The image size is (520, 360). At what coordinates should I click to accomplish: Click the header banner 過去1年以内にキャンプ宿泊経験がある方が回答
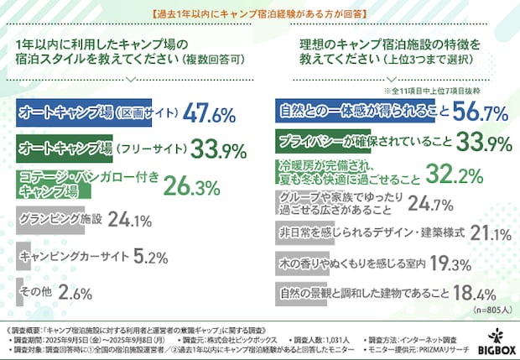259,14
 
